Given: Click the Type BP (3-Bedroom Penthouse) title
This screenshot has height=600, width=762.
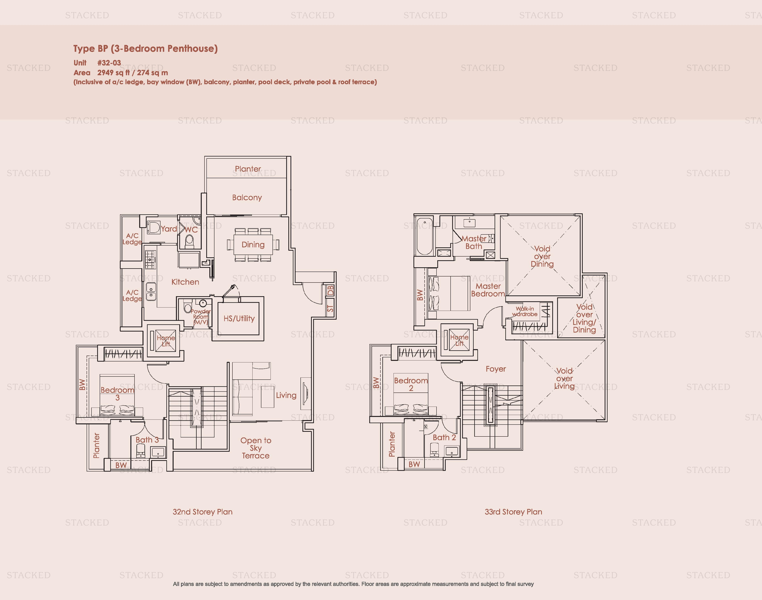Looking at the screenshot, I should coord(145,48).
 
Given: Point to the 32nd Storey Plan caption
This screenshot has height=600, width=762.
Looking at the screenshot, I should coord(203,512).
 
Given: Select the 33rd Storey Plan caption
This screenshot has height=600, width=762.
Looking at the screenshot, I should coord(513,512).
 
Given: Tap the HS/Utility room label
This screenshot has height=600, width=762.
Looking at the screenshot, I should coord(239,319).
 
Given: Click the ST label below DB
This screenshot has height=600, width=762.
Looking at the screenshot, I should coord(330,308).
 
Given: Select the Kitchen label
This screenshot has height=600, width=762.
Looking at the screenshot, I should coord(185,282).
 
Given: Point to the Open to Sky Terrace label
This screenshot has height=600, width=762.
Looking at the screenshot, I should coord(255,448).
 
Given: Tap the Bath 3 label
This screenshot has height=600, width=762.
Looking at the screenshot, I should coord(147,440).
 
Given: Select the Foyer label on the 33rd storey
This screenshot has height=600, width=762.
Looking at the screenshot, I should coord(496,369).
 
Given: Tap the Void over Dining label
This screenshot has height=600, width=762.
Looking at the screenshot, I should coord(542,257).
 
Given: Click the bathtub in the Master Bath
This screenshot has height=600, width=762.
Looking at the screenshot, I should coord(424,236).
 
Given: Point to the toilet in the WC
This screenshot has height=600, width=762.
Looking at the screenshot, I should coord(189,241).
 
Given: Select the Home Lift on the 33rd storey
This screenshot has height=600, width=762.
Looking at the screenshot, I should coord(459,340).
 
